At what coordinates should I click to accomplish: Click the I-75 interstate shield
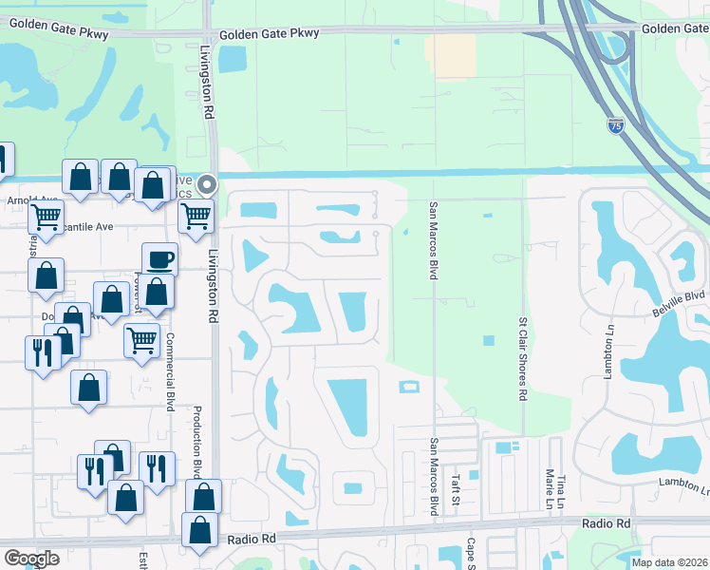coord(617,124)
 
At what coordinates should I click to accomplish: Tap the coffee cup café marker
coord(159,259)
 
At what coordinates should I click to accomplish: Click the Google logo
coord(31,559)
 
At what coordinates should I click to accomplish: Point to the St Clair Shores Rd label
coord(523,359)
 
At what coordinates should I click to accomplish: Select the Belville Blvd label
coord(680,296)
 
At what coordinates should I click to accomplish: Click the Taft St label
coord(456,490)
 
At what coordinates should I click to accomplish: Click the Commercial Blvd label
coord(171,371)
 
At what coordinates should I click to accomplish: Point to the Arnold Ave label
coord(28,200)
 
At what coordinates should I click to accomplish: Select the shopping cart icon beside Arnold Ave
coord(45,217)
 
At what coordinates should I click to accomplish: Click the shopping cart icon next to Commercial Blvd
coord(141,338)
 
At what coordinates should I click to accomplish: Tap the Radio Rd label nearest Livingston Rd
coord(251,539)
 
